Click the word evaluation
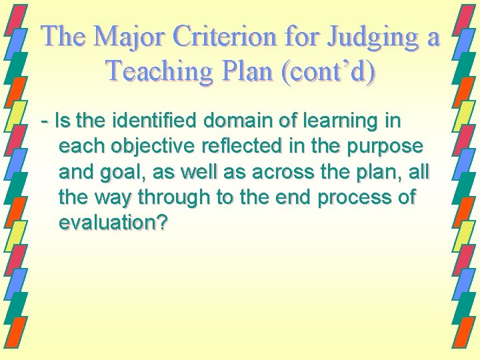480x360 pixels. tap(106, 222)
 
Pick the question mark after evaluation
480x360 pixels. tap(161, 222)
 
